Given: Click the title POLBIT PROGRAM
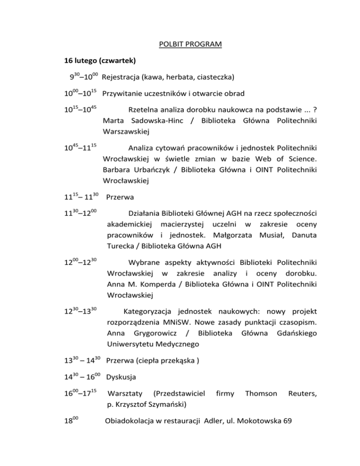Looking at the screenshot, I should [189, 45].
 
